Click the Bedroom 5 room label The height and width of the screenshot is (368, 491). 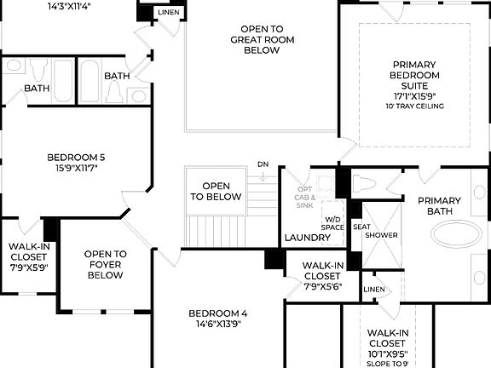click(75, 157)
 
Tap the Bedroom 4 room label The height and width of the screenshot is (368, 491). click(218, 313)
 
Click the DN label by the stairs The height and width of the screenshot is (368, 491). click(263, 164)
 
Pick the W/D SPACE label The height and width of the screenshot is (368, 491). click(332, 223)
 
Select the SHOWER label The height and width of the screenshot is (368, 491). click(381, 235)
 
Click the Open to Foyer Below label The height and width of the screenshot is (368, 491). click(106, 264)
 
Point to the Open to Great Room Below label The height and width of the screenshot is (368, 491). click(262, 39)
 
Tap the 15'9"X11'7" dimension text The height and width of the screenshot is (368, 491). click(75, 169)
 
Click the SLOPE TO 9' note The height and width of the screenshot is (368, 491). click(389, 364)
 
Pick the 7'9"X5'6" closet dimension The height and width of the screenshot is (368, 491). click(323, 287)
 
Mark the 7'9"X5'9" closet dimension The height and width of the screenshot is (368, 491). click(28, 267)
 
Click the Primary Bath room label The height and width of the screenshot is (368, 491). click(440, 206)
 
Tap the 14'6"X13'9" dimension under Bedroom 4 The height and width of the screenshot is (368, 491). click(218, 325)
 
